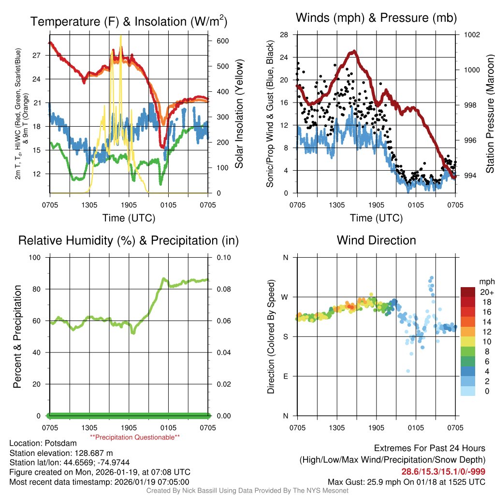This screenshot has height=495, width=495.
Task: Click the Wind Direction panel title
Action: (376, 240)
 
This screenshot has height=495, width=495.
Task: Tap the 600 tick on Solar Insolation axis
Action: (222, 41)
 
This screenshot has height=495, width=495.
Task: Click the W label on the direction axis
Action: (285, 297)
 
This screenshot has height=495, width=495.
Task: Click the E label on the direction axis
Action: (286, 376)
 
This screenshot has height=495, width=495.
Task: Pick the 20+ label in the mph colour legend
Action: (487, 292)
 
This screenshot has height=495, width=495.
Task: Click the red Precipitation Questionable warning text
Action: (135, 437)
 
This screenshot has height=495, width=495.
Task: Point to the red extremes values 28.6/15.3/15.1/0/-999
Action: (443, 472)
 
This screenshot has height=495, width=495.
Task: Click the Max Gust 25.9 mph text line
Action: (407, 481)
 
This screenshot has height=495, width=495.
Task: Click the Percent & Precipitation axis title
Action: (17, 336)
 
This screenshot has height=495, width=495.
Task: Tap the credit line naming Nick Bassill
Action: (247, 491)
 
